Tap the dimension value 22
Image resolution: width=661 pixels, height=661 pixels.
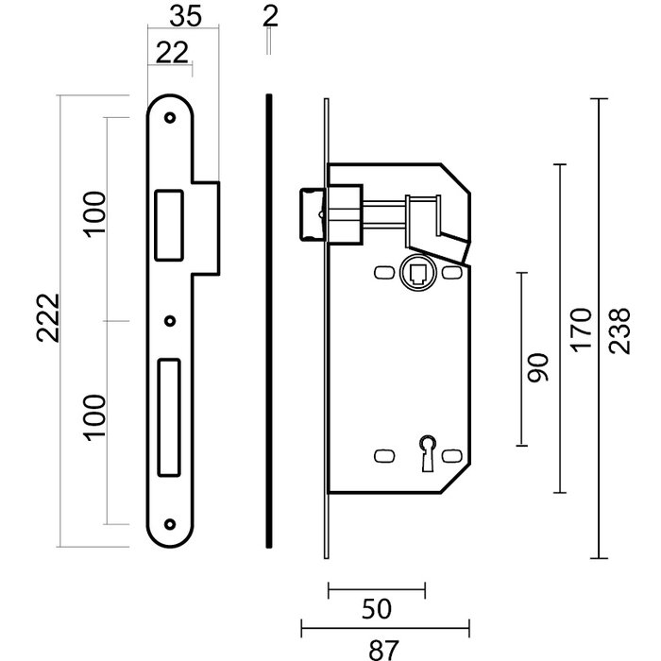tap(170, 54)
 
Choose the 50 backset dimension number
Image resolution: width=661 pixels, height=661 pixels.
tap(376, 609)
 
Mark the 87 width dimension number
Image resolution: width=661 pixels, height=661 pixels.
tap(383, 648)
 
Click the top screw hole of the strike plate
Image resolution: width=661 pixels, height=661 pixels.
tap(170, 119)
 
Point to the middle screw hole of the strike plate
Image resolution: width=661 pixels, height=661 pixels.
tap(170, 320)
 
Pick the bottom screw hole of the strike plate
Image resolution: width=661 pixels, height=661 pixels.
tap(170, 524)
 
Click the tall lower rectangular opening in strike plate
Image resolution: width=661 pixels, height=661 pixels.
tap(169, 416)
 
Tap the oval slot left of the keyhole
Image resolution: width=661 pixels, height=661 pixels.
tap(382, 455)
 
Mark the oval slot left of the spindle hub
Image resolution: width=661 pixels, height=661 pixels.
tap(382, 272)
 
